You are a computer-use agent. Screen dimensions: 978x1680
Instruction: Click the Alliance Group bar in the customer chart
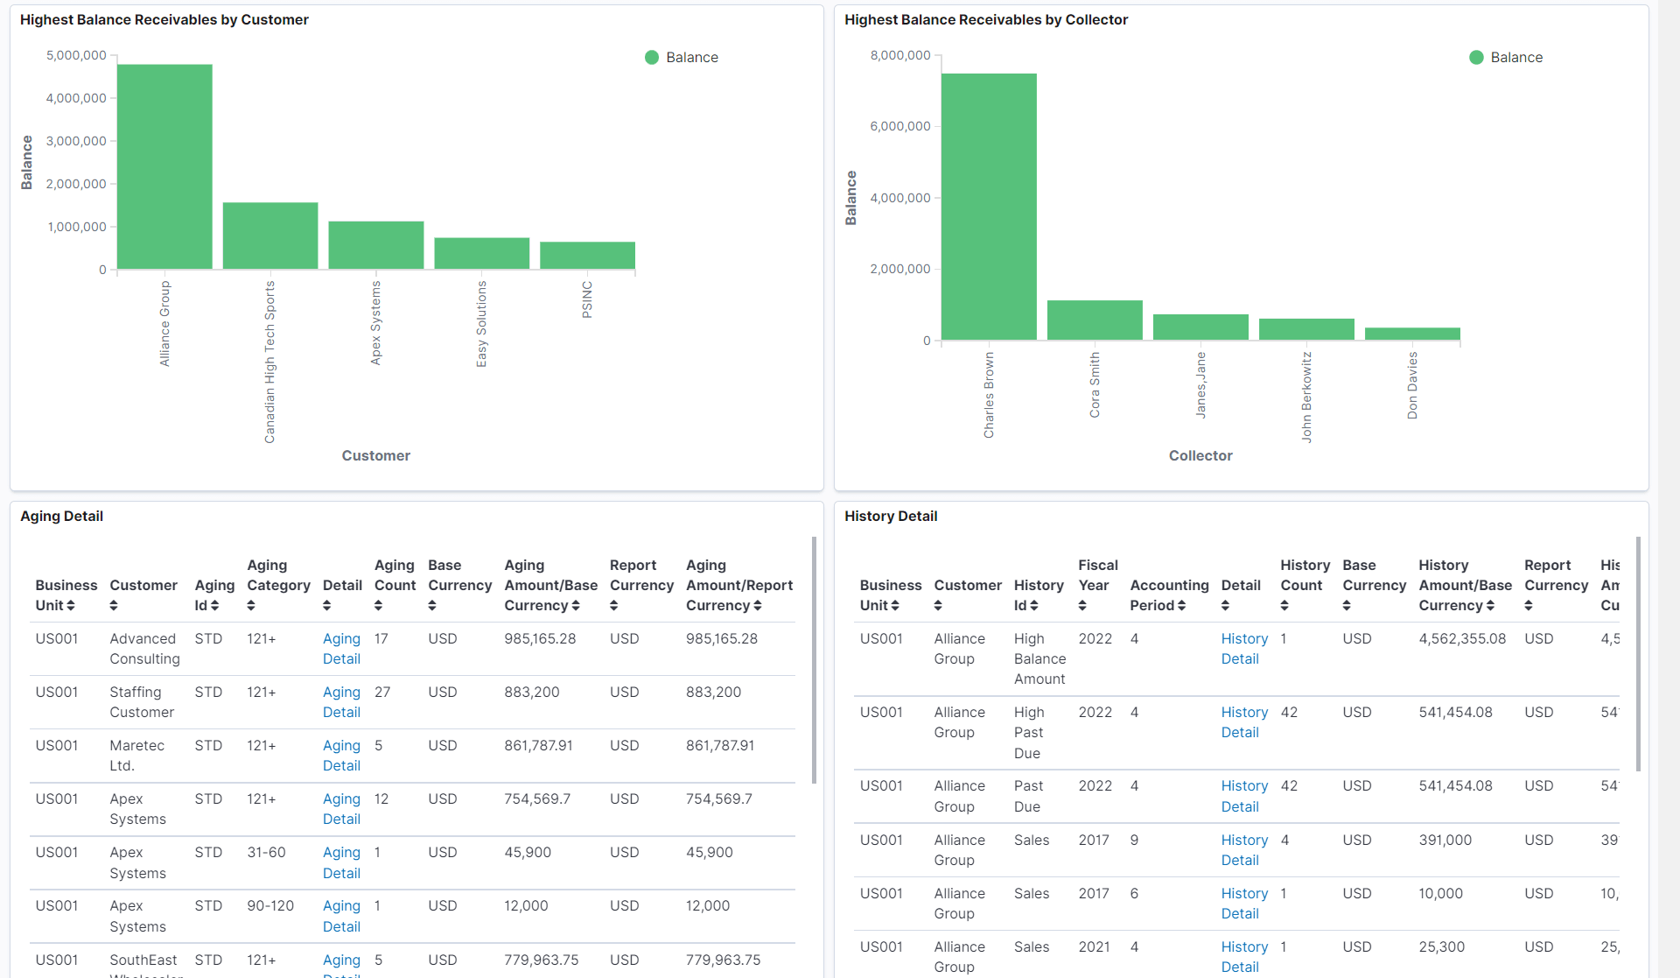point(164,166)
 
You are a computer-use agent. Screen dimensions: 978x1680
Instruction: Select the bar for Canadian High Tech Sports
point(270,236)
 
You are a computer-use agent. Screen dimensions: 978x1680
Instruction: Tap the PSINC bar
point(587,255)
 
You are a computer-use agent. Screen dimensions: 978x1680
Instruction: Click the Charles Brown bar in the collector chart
point(989,207)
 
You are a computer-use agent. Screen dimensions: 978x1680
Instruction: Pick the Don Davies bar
point(1412,334)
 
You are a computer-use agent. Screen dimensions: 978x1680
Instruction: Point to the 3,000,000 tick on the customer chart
point(76,141)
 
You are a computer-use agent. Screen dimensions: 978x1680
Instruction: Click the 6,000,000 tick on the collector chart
point(900,126)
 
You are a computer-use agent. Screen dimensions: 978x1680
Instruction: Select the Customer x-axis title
point(375,455)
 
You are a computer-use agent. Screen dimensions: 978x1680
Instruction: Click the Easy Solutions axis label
point(481,323)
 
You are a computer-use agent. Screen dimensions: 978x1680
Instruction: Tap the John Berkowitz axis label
point(1306,397)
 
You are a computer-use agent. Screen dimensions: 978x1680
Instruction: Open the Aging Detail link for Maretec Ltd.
point(341,755)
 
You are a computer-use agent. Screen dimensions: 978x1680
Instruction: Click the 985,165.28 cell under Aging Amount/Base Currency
point(540,638)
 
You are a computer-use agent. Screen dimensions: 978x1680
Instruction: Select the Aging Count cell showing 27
point(382,692)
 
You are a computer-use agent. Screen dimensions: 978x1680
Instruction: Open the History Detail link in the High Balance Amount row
point(1243,649)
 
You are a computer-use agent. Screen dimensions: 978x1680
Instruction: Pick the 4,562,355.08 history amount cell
point(1462,638)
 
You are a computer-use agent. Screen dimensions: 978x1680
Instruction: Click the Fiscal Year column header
point(1097,584)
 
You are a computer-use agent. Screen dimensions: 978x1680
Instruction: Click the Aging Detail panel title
point(61,516)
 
